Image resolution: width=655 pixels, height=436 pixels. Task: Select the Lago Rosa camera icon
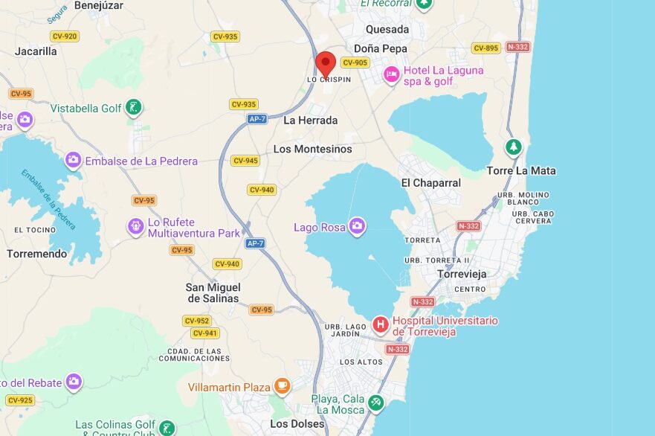point(358,226)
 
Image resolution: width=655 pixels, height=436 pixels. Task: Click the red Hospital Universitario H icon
point(381,324)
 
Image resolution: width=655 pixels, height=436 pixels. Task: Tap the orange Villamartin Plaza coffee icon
point(282,385)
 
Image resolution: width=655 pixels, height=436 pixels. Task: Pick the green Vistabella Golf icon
point(133,108)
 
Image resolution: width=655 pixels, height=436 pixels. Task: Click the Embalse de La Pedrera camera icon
point(73,160)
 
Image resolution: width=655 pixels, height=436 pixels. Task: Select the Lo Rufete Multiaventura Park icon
point(135,225)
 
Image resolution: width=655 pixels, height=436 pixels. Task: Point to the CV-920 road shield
point(65,36)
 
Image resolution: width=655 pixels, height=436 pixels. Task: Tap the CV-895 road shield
point(486,48)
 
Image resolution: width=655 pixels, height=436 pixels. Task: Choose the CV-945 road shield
point(245,161)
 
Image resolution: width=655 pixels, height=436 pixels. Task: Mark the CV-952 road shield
point(197,321)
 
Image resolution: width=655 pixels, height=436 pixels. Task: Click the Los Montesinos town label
point(312,149)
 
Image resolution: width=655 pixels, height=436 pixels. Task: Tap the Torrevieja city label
point(462,274)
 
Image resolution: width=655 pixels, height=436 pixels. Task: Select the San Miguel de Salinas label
point(213,292)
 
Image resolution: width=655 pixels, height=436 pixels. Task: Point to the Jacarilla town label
point(36,51)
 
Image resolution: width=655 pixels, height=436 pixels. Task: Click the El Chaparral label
point(430,182)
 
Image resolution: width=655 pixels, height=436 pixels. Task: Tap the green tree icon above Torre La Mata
point(513,147)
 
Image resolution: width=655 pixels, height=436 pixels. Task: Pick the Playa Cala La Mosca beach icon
point(376,403)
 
